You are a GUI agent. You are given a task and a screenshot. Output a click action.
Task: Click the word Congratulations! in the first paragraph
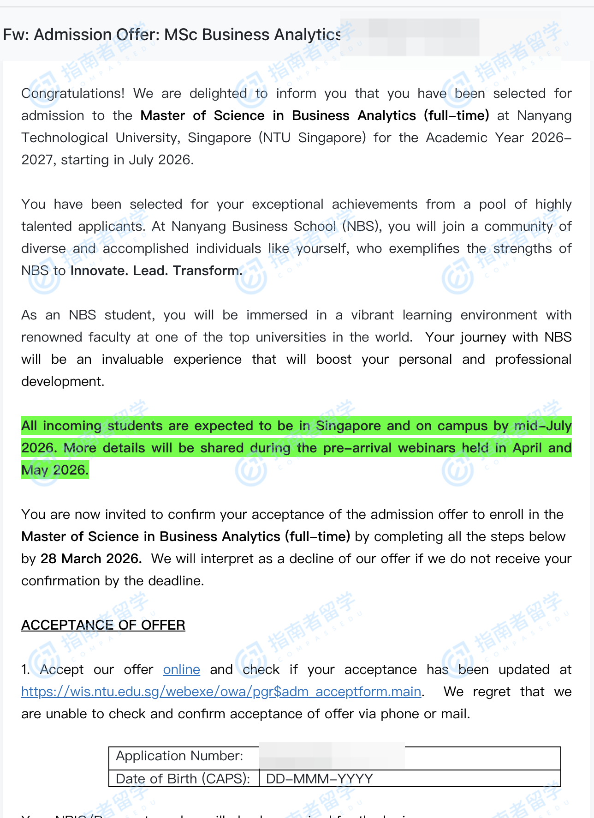(73, 94)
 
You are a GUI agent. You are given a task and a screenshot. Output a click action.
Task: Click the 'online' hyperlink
(181, 670)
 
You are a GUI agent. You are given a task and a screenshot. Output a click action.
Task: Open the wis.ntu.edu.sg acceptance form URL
(221, 692)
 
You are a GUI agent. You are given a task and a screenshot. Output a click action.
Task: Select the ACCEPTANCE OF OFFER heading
(103, 625)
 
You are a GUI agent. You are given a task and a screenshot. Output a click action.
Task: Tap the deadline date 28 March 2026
(90, 559)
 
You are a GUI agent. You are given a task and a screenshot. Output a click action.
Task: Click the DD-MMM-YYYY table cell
(319, 779)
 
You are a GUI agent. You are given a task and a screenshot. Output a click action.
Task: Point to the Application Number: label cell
(179, 756)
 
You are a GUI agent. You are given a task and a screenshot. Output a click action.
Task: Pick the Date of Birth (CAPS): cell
(183, 779)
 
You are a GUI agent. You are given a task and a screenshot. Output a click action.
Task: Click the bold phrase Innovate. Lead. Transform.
(156, 271)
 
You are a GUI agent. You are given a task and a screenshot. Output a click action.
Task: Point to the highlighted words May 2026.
(55, 470)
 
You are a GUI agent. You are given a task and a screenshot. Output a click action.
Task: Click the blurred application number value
(332, 756)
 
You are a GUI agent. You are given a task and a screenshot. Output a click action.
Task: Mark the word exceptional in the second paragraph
(287, 204)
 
